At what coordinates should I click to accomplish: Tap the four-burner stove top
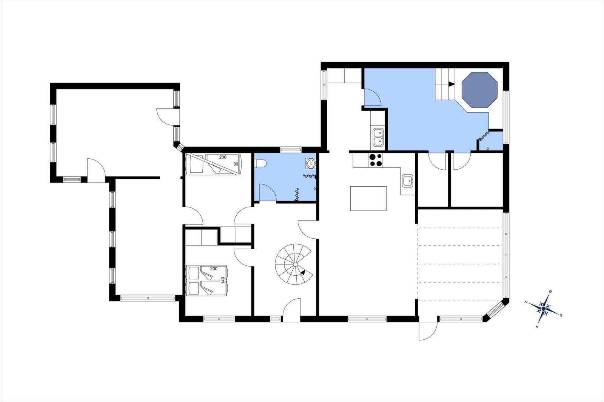375,160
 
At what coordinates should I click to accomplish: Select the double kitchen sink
378,137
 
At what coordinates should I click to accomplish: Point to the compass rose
543,308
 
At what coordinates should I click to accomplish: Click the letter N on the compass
526,302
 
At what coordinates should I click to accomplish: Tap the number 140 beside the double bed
223,281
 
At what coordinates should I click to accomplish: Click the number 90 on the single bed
236,164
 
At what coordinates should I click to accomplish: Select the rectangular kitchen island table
368,198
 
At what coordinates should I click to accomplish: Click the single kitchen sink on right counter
407,181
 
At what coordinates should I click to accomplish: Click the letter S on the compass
561,315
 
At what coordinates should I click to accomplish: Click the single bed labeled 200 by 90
214,164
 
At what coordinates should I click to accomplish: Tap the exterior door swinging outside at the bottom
428,331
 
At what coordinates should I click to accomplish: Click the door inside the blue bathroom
267,192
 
